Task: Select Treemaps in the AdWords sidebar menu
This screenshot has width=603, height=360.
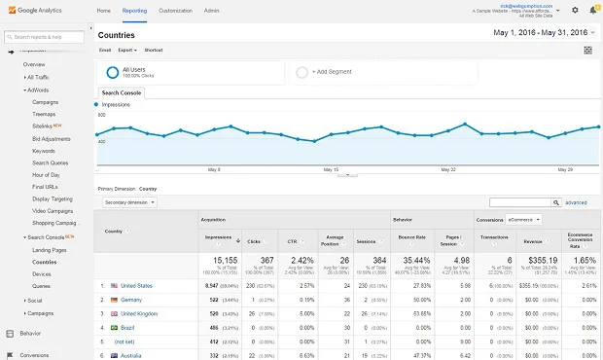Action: (x=46, y=114)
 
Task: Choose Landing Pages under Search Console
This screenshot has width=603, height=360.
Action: (x=49, y=250)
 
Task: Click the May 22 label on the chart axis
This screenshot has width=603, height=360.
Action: (x=447, y=168)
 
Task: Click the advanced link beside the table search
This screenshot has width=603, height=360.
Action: (x=576, y=202)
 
